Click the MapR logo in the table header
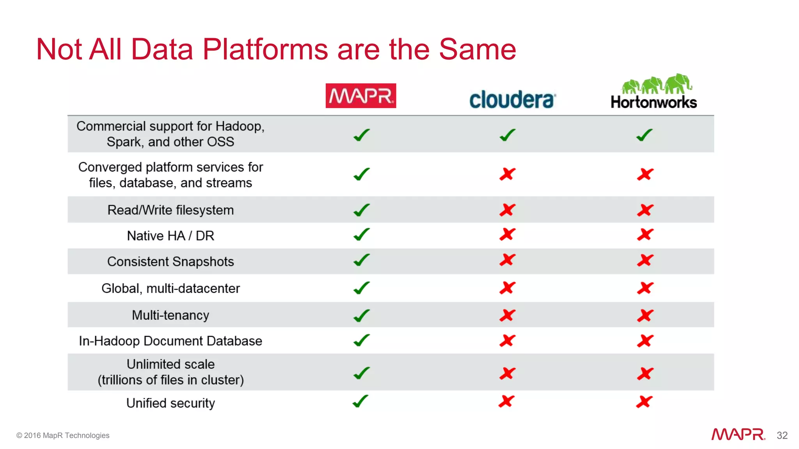tap(360, 95)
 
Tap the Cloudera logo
tap(512, 99)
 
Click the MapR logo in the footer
tap(738, 434)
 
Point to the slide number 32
tap(782, 435)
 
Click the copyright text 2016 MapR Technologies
tap(63, 435)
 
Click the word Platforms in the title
tap(265, 49)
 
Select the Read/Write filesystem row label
tap(170, 210)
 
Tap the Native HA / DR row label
tap(170, 236)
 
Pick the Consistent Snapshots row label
tap(170, 262)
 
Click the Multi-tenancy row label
tap(170, 315)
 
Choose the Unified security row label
tap(170, 403)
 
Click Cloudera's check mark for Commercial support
tap(508, 135)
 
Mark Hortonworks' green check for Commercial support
tap(644, 135)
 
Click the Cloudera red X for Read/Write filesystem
tap(508, 210)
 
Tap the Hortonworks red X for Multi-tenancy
tap(645, 315)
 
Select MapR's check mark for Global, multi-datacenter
tap(361, 288)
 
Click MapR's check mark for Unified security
tap(360, 401)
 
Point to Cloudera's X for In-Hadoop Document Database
tap(508, 341)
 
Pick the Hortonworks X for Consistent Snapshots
tap(645, 260)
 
